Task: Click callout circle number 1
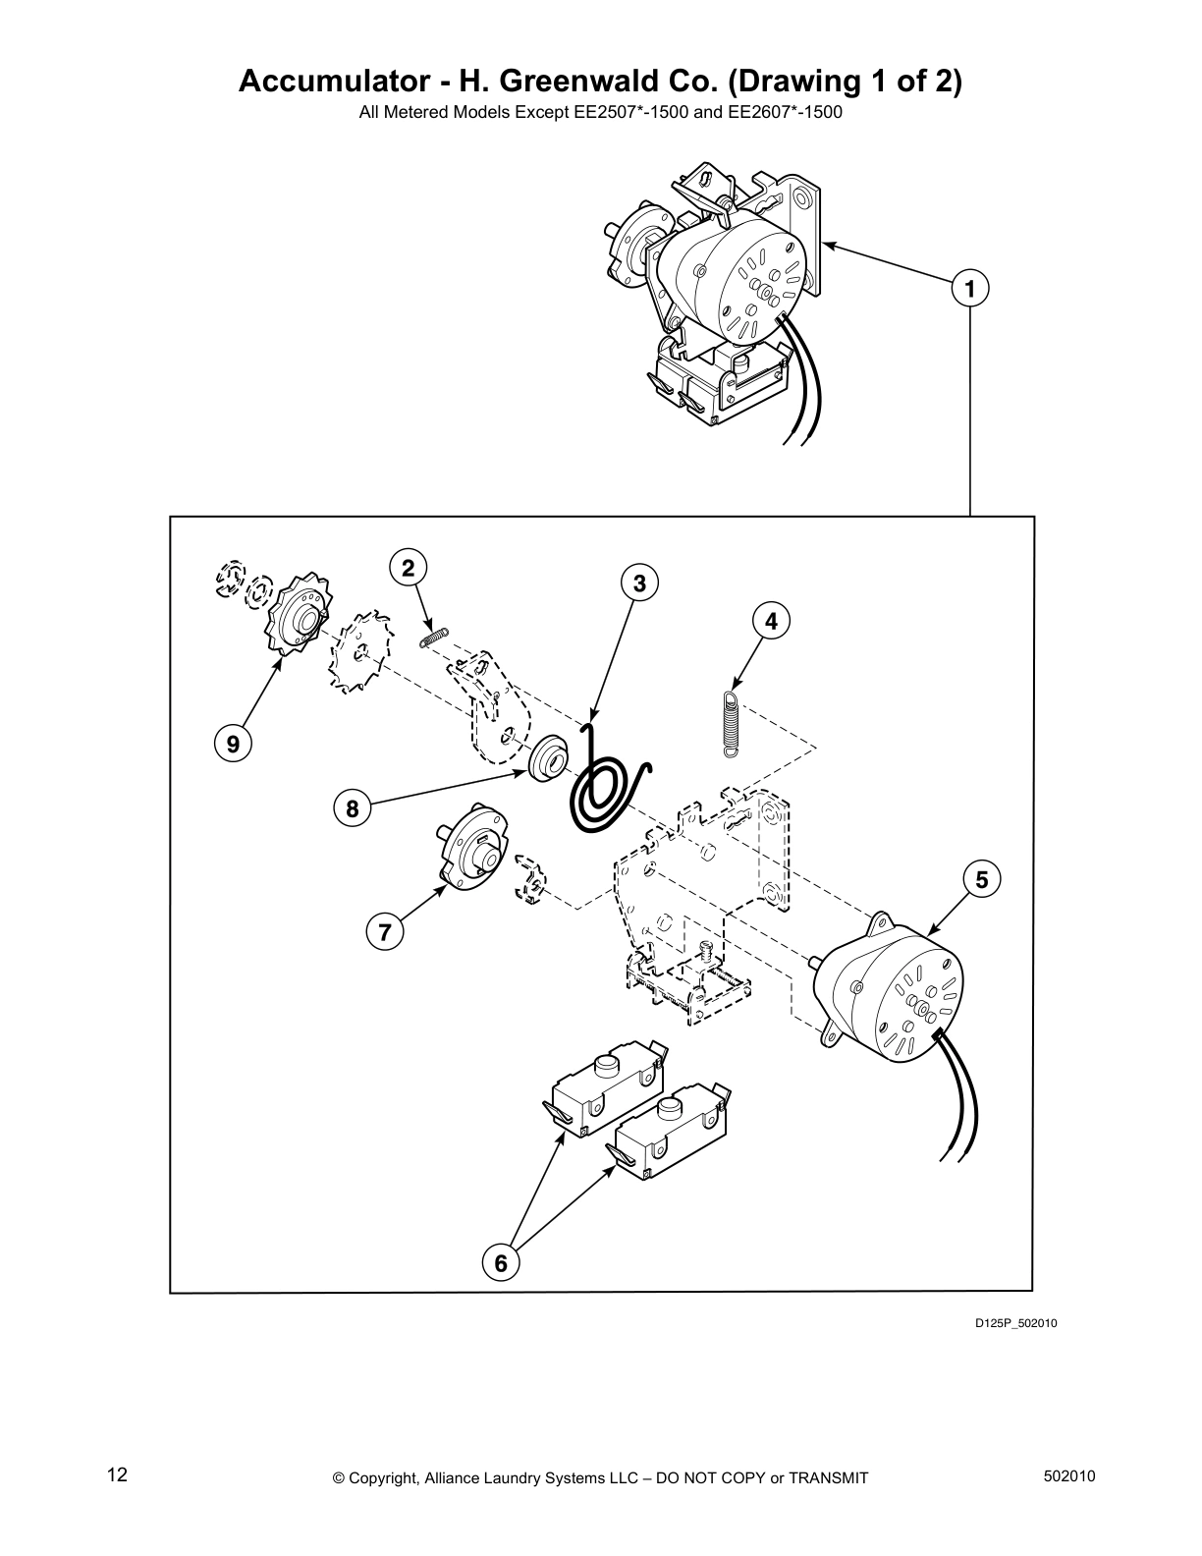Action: tap(970, 289)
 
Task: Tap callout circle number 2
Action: tap(409, 567)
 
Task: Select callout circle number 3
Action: tap(638, 583)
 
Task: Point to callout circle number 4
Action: tap(771, 621)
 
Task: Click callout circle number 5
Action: tap(982, 878)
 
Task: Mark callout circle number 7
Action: tap(385, 930)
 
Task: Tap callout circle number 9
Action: tap(233, 744)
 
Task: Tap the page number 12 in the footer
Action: tap(117, 1475)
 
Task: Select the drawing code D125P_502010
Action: tap(1015, 1323)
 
